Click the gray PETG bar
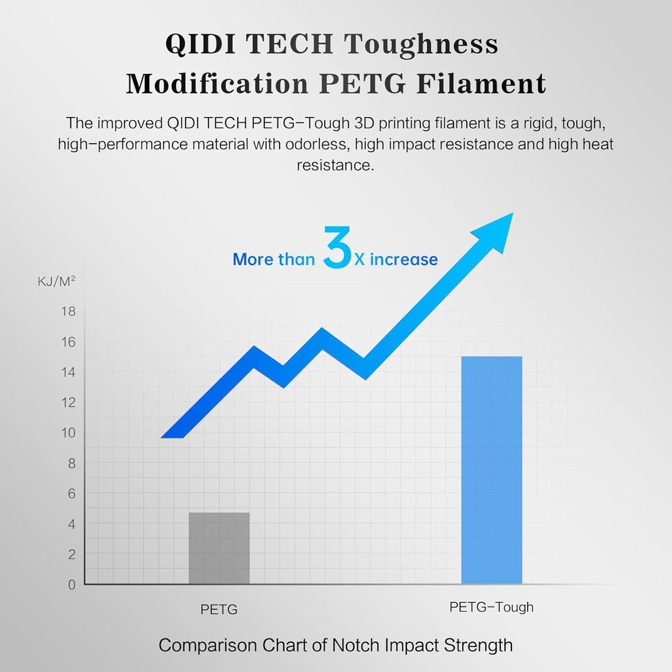(x=219, y=548)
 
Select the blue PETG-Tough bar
(x=492, y=470)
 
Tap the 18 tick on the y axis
(x=68, y=311)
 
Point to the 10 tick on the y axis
(x=68, y=432)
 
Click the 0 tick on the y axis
(x=71, y=584)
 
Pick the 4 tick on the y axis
(x=71, y=524)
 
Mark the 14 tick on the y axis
(x=68, y=372)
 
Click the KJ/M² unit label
(x=57, y=282)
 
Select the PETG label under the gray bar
(x=219, y=610)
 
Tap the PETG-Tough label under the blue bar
(x=492, y=607)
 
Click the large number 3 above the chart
(x=337, y=248)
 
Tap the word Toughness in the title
(x=421, y=44)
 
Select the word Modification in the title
(x=217, y=83)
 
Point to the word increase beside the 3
(x=404, y=259)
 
